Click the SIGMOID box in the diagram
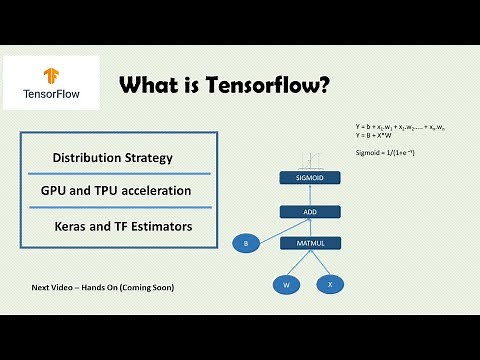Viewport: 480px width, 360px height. (x=310, y=178)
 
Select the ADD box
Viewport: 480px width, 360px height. (x=310, y=211)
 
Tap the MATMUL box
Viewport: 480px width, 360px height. (x=310, y=242)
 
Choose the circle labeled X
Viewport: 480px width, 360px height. (x=331, y=284)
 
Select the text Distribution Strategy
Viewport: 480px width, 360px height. (x=113, y=158)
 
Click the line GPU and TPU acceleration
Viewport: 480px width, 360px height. (x=116, y=190)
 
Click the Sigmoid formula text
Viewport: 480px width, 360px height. (x=386, y=152)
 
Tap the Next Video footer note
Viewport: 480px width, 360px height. (x=103, y=288)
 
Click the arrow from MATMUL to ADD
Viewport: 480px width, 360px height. (x=310, y=227)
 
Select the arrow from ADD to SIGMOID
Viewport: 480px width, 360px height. (x=310, y=195)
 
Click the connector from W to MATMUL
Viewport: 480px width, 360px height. (x=298, y=264)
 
